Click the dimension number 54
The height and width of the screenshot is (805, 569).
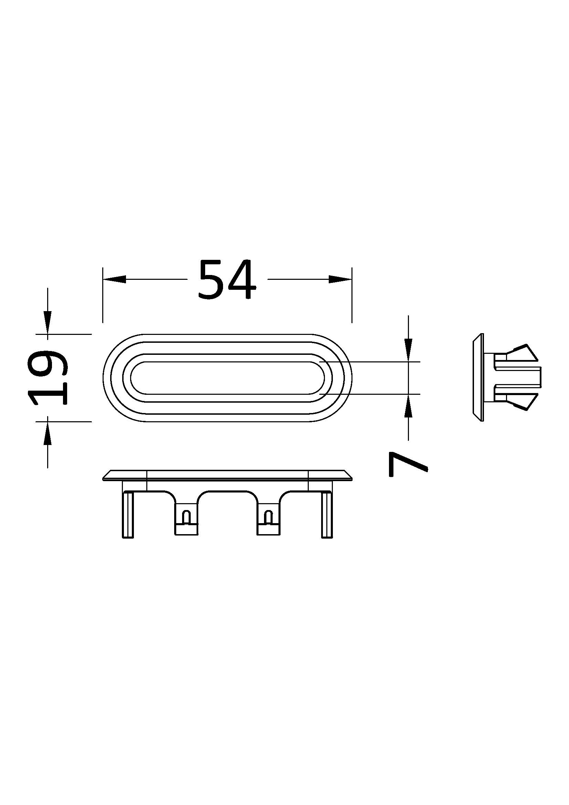tap(226, 280)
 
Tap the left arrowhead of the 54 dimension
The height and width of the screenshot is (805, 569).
tap(114, 279)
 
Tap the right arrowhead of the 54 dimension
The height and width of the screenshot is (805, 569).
tap(340, 279)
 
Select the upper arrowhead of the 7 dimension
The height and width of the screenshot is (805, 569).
tap(409, 350)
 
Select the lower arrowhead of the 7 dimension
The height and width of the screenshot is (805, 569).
tap(409, 406)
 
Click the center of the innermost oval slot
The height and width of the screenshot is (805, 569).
tap(227, 378)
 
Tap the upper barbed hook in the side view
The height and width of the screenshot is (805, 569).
tap(519, 354)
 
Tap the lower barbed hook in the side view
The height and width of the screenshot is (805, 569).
tap(519, 402)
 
